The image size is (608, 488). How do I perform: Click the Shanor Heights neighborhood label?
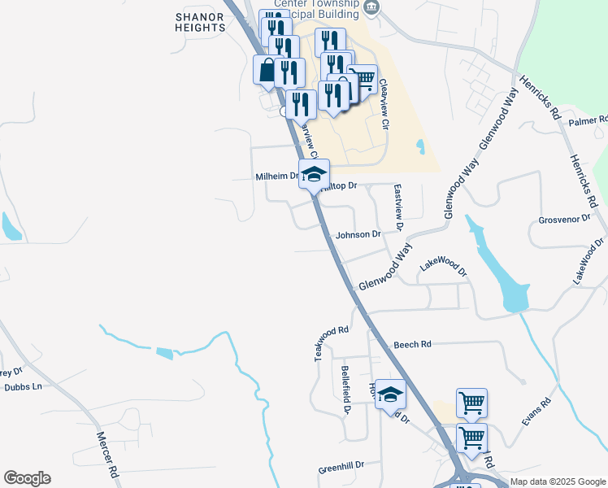click(200, 21)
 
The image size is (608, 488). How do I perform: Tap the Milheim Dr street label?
click(278, 176)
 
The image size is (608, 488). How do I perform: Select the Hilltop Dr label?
click(340, 186)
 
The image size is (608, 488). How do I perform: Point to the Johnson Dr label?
click(358, 234)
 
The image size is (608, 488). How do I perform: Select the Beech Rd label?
click(412, 345)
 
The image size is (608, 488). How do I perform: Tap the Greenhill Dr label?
click(341, 468)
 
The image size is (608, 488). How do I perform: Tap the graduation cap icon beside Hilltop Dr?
click(315, 172)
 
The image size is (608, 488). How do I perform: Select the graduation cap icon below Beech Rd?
click(391, 394)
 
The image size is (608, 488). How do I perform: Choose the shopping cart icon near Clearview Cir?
click(363, 79)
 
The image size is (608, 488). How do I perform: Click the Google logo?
click(27, 478)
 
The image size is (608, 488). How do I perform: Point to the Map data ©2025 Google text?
click(558, 481)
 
